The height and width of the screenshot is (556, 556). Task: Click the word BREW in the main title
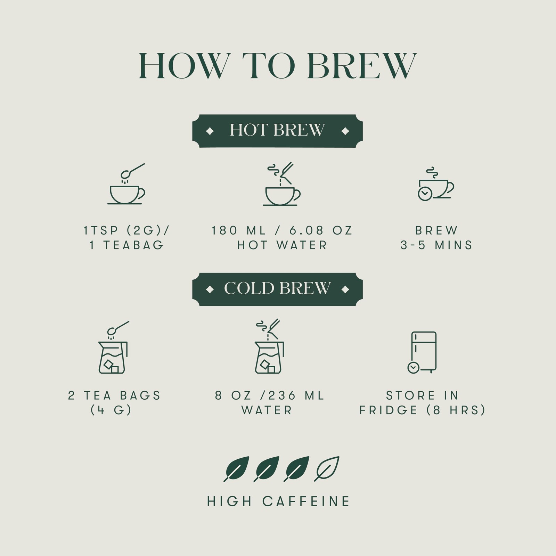[x=362, y=66]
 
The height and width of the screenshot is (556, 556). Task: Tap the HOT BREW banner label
[x=277, y=131]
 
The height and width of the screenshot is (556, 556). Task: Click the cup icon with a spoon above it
[x=126, y=184]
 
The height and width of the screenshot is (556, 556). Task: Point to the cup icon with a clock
[x=436, y=184]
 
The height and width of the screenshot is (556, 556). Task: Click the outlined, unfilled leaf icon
[x=327, y=469]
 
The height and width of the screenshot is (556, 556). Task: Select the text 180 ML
[x=239, y=230]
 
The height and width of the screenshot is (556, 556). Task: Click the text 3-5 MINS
[x=436, y=245]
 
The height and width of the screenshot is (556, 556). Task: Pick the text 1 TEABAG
[x=126, y=245]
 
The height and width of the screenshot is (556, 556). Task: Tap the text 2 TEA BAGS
[x=115, y=395]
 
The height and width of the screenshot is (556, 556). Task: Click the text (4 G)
[x=111, y=410]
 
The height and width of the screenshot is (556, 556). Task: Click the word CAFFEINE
[x=306, y=501]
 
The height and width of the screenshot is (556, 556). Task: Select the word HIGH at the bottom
[x=229, y=501]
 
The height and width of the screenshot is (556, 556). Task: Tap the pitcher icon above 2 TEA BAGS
[x=114, y=347]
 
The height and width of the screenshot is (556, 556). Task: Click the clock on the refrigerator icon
[x=413, y=368]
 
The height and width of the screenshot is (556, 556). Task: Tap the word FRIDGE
[x=389, y=410]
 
